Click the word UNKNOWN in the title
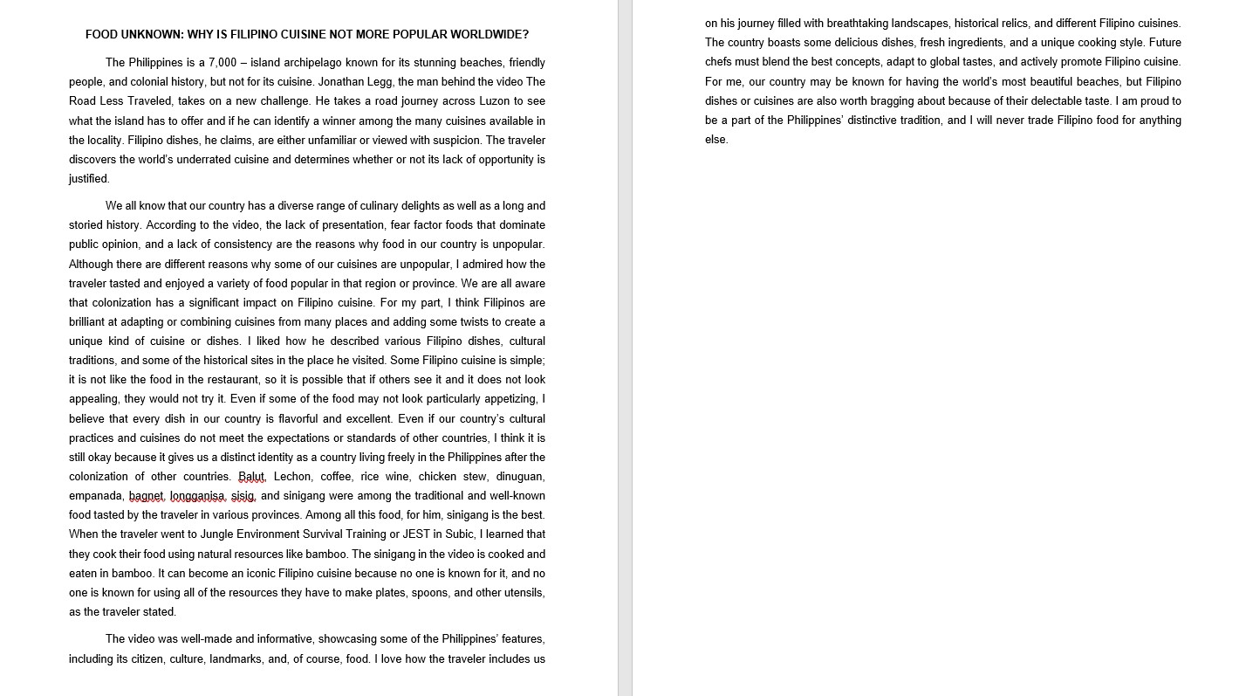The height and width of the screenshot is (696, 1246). [x=152, y=35]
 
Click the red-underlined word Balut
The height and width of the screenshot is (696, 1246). [x=251, y=477]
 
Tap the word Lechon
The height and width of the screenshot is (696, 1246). [x=292, y=477]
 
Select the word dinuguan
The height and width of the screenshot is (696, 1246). [x=520, y=477]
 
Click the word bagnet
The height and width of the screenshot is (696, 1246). [x=147, y=496]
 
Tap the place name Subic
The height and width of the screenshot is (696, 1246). [x=460, y=534]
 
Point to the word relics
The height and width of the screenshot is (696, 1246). [x=1010, y=24]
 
